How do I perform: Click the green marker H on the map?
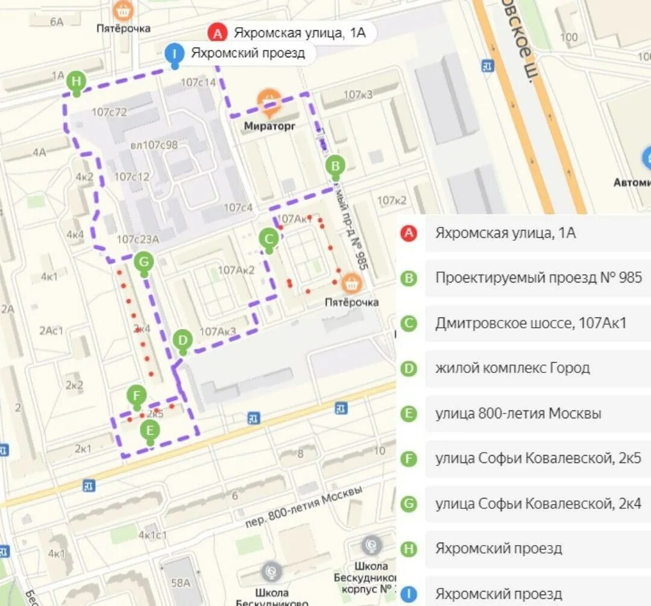click(76, 81)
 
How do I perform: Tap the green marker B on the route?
click(336, 165)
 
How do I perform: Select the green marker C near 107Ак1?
click(269, 238)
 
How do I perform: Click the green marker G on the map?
click(143, 262)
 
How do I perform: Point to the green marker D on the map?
click(183, 340)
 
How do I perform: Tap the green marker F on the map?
click(137, 396)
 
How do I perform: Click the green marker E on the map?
click(150, 431)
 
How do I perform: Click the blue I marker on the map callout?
click(175, 54)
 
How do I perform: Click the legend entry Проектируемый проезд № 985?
click(538, 278)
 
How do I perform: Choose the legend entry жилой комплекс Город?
click(512, 368)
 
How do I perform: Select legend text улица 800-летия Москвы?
click(518, 413)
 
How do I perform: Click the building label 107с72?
click(109, 112)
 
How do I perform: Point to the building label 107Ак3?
click(218, 331)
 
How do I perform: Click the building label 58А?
click(180, 582)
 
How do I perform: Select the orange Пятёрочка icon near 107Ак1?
click(351, 282)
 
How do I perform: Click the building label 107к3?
click(358, 95)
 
